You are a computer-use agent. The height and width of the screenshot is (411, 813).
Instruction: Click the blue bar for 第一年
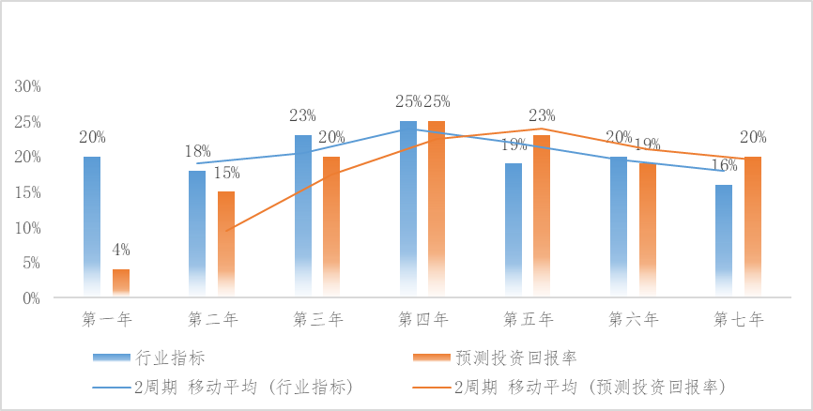(92, 227)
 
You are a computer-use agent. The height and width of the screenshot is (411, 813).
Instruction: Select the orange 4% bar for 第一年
(121, 283)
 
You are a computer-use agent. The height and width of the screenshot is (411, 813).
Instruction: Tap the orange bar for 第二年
(226, 245)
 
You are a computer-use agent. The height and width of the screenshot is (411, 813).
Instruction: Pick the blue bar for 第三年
(302, 217)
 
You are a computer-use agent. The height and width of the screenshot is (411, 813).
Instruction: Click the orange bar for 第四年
(437, 209)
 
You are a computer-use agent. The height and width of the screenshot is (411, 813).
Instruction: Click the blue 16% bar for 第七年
(723, 241)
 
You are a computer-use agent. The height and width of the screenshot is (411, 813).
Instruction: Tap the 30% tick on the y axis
(27, 86)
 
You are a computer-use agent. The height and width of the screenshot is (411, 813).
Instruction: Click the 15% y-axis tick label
(27, 192)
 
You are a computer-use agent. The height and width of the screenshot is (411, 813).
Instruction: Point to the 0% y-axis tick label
(31, 298)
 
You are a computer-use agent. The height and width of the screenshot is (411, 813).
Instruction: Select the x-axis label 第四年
(423, 319)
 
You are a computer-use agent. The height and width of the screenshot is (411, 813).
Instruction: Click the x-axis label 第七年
(739, 319)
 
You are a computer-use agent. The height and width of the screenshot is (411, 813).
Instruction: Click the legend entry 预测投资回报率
(516, 358)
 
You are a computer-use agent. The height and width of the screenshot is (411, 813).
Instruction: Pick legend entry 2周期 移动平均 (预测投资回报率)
(591, 386)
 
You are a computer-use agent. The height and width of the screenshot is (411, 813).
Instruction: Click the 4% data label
(121, 250)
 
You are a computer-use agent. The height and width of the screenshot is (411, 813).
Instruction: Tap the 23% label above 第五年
(542, 116)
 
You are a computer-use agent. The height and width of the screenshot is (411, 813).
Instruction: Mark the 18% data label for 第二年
(197, 152)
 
